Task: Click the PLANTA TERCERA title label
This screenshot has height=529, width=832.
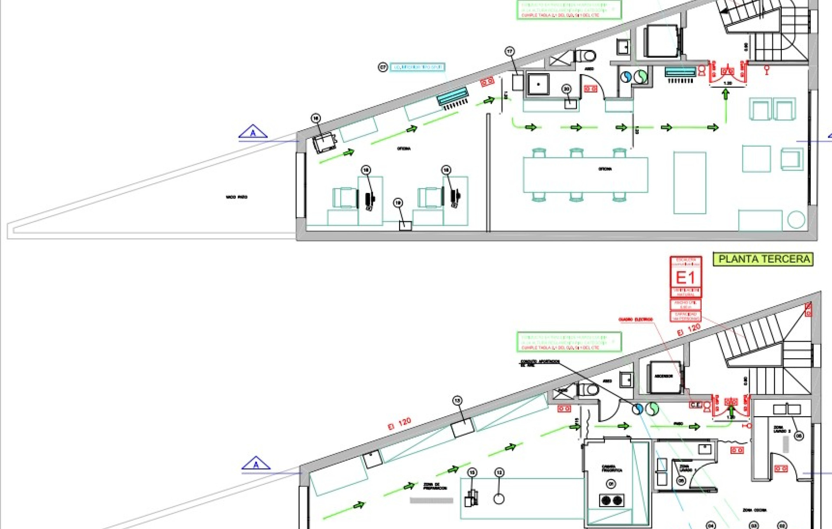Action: coord(764,259)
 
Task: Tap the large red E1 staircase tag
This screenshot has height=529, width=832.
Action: coord(686,278)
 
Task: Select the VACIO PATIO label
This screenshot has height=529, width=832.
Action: coord(236,197)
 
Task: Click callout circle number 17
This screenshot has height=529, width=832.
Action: coord(510,52)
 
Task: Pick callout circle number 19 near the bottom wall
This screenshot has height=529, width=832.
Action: coord(398,202)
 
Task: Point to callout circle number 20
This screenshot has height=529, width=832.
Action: coord(566,89)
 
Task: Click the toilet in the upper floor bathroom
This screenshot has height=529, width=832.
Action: coord(586,56)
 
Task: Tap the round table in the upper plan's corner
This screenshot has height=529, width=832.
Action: coord(796,220)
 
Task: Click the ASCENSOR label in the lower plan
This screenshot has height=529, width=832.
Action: coord(663,376)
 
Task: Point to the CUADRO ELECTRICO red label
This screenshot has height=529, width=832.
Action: coord(635,320)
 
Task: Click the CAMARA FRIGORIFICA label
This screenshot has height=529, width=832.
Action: coord(611,469)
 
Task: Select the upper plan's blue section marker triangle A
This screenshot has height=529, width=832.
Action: coord(253,132)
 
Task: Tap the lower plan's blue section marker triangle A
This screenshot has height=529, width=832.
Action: coord(256,464)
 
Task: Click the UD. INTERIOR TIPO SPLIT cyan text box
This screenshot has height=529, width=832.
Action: coord(417,67)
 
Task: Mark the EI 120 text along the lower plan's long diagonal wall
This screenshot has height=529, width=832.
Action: coord(399,424)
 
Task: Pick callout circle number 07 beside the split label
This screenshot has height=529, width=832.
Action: coord(383,67)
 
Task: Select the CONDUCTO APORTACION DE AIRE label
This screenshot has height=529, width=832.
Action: coord(539,363)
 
